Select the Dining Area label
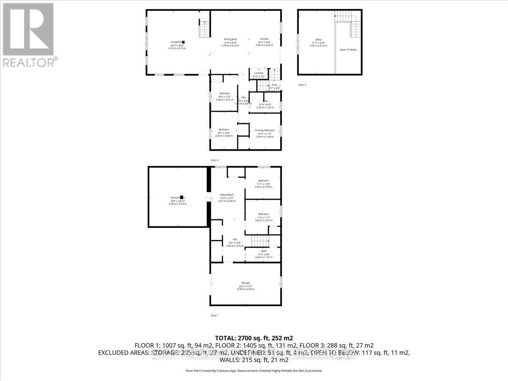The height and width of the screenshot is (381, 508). [x=230, y=39]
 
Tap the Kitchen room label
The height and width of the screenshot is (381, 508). [x=265, y=39]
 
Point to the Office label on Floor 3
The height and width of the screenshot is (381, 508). [x=318, y=40]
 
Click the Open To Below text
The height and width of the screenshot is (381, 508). [x=348, y=50]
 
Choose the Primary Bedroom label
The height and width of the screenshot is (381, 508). [x=265, y=130]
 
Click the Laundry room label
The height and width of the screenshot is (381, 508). [x=259, y=73]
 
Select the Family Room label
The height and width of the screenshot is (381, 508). [x=177, y=198]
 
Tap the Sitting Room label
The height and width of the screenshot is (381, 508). [x=227, y=195]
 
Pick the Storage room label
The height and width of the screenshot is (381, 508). [x=246, y=283]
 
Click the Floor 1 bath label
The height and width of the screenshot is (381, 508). [x=264, y=251]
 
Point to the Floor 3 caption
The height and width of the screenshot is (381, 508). [x=302, y=85]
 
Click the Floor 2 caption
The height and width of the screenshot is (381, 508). [x=214, y=160]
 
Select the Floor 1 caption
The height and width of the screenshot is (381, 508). [x=214, y=315]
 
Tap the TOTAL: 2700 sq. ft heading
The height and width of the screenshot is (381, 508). [x=254, y=338]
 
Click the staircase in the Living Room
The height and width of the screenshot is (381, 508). [x=204, y=28]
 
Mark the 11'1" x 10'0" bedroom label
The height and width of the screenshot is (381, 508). [x=264, y=181]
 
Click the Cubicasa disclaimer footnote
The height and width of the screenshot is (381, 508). [x=254, y=371]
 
